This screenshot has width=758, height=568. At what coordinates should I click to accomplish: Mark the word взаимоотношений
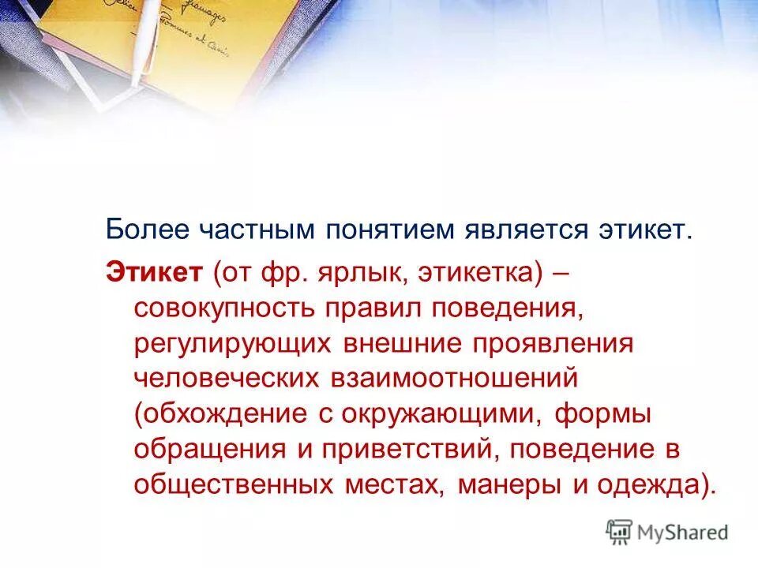click(449, 378)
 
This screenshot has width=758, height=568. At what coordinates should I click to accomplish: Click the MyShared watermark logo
click(667, 532)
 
